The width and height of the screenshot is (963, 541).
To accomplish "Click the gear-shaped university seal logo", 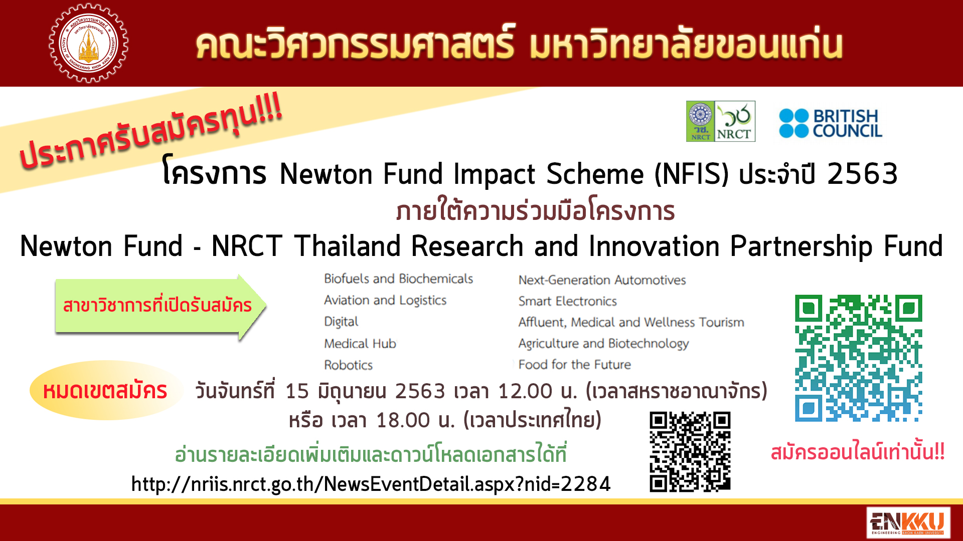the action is tap(88, 43).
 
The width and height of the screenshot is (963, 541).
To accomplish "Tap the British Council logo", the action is tap(831, 123).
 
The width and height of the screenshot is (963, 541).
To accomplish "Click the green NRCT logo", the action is tap(721, 121).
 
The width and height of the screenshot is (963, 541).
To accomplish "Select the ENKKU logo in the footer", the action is tap(908, 523).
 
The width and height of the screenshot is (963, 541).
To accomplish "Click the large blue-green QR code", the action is tap(859, 358).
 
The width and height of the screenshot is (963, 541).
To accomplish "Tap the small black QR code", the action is tap(690, 452).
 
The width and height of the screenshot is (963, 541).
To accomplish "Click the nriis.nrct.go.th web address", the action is tap(371, 484).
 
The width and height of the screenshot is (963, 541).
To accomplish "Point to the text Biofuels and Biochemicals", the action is tap(398, 279).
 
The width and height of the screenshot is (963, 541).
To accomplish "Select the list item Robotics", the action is tap(348, 365).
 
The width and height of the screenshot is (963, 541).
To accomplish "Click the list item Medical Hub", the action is tap(360, 344).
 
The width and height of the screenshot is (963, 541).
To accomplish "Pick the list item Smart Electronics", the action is tap(567, 301).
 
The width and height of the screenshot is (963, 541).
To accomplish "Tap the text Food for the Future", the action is tap(574, 365).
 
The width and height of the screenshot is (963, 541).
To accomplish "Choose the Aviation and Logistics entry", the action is tap(385, 301).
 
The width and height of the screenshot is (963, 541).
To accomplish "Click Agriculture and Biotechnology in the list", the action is tap(603, 344).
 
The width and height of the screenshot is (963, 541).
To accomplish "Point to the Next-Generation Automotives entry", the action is tap(602, 280).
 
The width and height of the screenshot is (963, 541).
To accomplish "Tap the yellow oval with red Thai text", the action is tap(105, 390).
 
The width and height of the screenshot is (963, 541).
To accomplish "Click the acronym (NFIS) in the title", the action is tap(691, 174).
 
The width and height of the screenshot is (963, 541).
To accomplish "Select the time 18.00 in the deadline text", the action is tap(403, 421).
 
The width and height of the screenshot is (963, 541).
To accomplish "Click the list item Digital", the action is tap(341, 322).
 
